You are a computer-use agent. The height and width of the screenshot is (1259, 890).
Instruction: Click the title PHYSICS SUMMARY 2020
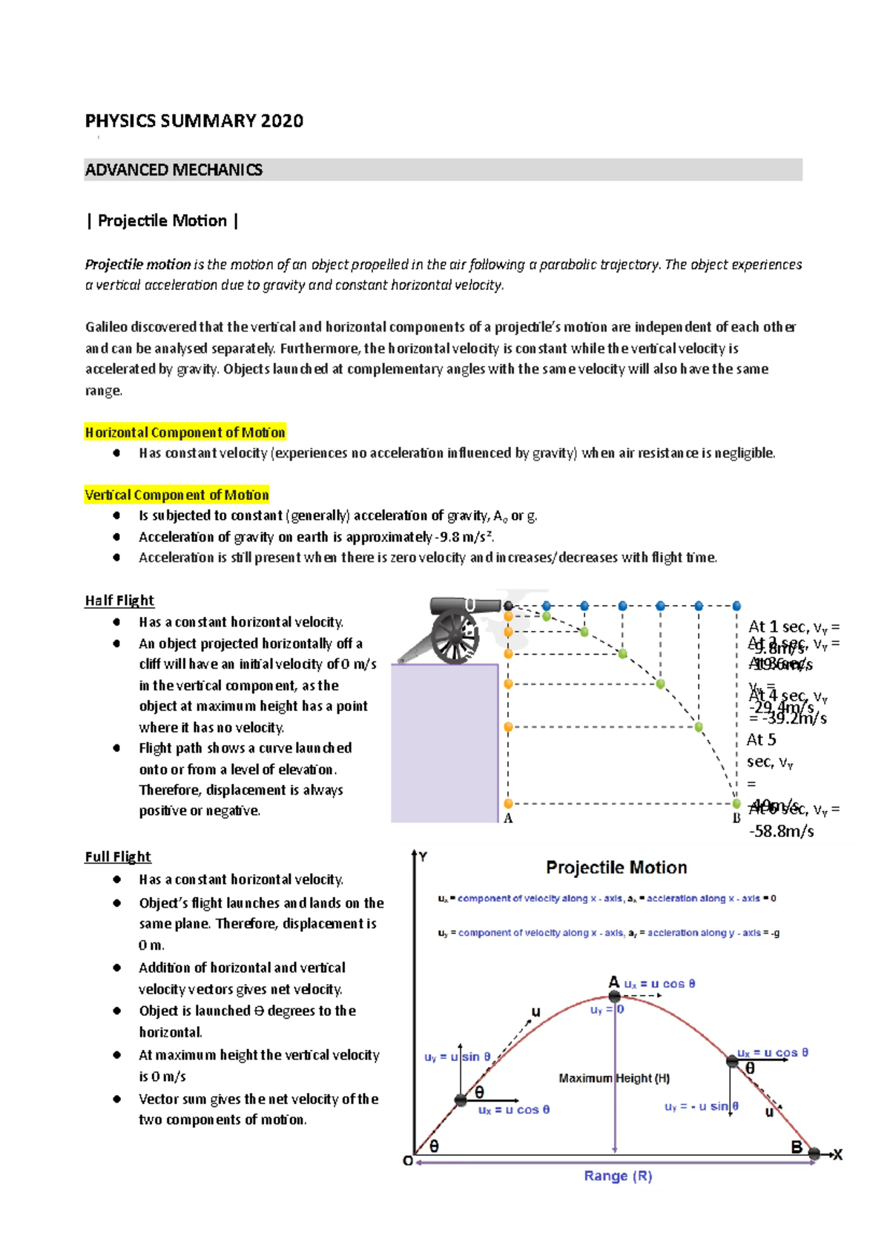pos(194,121)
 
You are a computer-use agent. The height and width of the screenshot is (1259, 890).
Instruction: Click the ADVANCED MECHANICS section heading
pos(174,170)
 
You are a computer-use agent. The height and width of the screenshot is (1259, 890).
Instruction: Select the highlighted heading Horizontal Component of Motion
pos(185,432)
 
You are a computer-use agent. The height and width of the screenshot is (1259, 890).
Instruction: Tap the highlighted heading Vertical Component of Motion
pos(177,495)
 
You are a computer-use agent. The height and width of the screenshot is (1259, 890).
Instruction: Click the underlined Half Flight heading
pos(119,601)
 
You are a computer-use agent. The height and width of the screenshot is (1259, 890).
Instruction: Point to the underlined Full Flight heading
pos(118,857)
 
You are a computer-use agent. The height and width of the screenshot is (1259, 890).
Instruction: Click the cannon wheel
pos(453,637)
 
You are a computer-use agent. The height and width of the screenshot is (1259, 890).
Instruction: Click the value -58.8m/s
pos(781,831)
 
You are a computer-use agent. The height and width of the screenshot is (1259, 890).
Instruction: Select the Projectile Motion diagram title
pos(616,868)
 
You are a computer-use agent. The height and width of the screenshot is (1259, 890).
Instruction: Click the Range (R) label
pos(618,1176)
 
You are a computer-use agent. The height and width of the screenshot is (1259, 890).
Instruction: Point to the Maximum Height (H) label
pos(614,1078)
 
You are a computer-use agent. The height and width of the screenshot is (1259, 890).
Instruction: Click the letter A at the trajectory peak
pos(613,982)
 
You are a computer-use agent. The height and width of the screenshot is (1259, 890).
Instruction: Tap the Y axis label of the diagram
pos(423,857)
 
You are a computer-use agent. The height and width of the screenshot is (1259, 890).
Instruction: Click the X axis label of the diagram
pos(838,1154)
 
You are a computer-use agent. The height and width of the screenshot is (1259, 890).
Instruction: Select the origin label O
pos(408,1161)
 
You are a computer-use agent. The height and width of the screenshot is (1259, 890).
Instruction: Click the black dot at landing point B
pos(814,1154)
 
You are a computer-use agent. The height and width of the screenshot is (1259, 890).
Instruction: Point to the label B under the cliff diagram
pos(736,819)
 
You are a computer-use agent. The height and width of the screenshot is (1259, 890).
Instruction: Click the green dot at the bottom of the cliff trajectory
pos(736,804)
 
